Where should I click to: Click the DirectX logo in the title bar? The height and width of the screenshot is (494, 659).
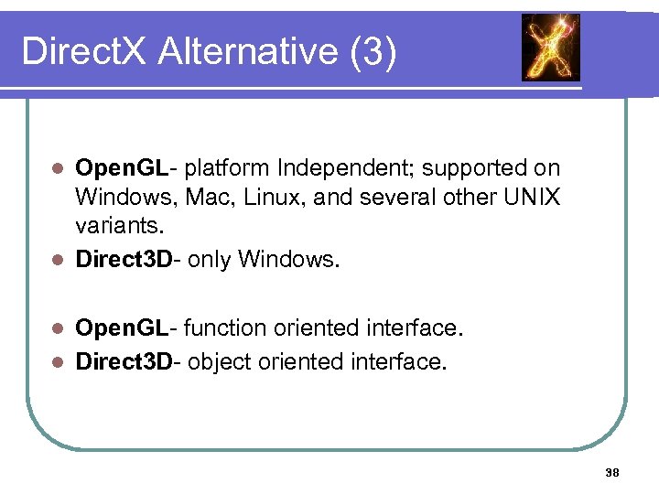tap(550, 48)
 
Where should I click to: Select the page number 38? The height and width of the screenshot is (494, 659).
tap(612, 473)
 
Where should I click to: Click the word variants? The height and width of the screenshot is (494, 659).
tap(115, 224)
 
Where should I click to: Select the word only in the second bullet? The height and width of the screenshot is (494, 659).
tap(211, 260)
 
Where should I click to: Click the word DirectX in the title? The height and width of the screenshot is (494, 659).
tap(83, 51)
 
